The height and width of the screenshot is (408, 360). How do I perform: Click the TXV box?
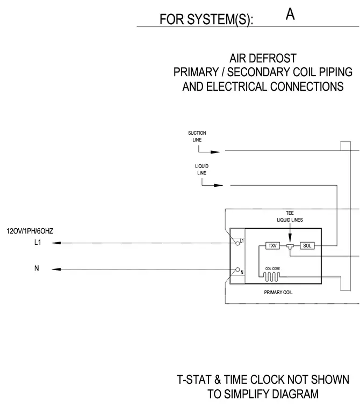click(x=272, y=246)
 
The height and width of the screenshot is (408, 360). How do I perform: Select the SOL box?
click(x=307, y=246)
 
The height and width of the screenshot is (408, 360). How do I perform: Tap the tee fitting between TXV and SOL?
click(x=290, y=246)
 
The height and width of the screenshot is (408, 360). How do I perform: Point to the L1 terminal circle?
click(x=237, y=244)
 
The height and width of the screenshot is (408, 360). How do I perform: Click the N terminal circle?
click(x=237, y=269)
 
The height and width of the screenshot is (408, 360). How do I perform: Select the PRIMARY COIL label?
click(x=278, y=293)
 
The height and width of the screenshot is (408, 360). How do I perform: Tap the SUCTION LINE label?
click(x=197, y=136)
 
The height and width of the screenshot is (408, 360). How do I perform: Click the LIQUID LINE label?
click(x=201, y=170)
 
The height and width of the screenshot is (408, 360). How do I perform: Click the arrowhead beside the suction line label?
click(x=215, y=152)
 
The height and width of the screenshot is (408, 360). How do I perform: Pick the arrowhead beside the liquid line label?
click(x=218, y=185)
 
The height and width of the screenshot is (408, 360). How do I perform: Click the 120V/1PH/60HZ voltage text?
click(x=30, y=231)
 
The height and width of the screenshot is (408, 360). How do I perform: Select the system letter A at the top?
click(x=290, y=14)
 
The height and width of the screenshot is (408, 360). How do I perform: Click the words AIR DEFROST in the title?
click(x=263, y=59)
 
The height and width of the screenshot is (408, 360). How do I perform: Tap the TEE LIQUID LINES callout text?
click(x=290, y=216)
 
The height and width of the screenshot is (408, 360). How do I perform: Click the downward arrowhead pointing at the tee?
click(x=290, y=238)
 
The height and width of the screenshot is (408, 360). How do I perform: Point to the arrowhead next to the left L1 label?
click(x=56, y=243)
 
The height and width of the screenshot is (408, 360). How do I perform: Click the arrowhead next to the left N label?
click(x=56, y=269)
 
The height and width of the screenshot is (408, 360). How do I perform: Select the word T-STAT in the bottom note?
click(x=195, y=380)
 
